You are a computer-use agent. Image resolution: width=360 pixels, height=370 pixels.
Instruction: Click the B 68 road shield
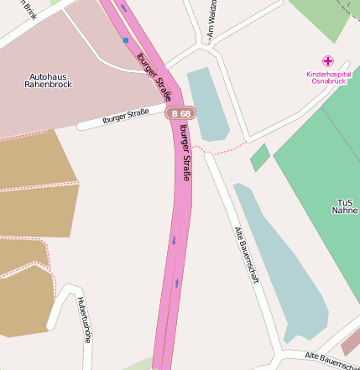(x=180, y=112)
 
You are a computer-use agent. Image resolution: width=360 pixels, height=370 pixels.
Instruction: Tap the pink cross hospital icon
(x=328, y=61)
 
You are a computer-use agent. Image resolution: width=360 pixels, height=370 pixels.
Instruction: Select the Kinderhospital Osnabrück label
(x=328, y=78)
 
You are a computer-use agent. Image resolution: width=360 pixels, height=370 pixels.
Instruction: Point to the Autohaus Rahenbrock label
(x=49, y=80)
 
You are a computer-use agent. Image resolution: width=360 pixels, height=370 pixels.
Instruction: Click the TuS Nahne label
(x=345, y=206)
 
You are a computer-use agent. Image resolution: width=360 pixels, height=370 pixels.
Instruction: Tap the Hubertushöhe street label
(x=82, y=320)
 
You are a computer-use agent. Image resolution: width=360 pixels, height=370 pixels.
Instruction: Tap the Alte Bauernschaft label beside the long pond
(x=245, y=254)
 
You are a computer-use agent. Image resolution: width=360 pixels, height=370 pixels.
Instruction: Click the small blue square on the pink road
(x=126, y=39)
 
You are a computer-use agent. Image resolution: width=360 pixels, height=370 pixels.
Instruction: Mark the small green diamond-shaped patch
(x=260, y=157)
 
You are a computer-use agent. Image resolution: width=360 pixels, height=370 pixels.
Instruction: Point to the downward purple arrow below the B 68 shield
(x=174, y=241)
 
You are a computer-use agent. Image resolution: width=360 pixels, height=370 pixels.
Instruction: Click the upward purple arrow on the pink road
(x=177, y=283)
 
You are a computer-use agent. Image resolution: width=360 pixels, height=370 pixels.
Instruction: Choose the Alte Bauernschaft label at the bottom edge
(x=332, y=362)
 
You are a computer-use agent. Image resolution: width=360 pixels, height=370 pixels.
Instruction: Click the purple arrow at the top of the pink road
(x=124, y=8)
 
